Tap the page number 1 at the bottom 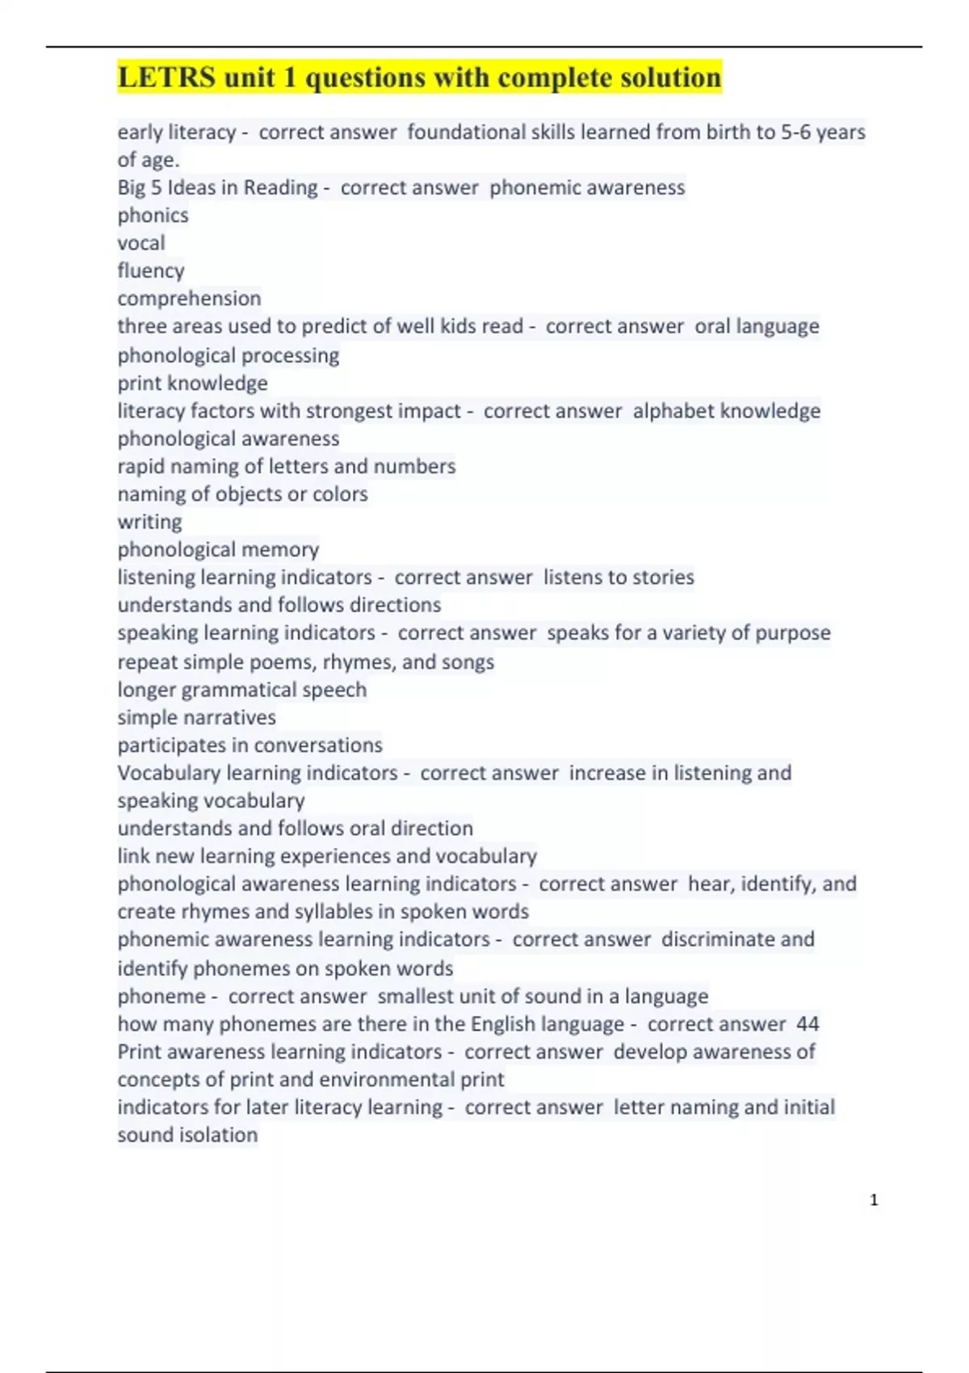(874, 1200)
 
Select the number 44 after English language (807, 1024)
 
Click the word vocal (141, 243)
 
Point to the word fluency (151, 271)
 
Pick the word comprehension (189, 298)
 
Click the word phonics (153, 216)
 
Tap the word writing (149, 522)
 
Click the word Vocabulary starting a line (169, 773)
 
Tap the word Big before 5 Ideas (132, 187)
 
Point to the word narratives (229, 717)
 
